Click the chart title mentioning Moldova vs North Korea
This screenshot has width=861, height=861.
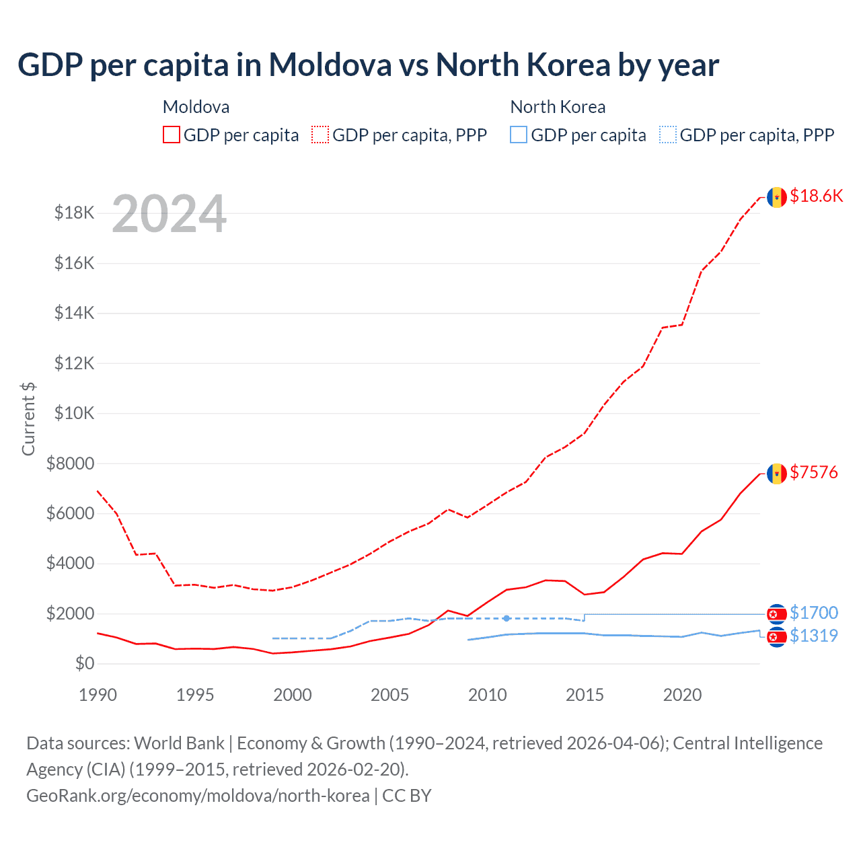pos(368,65)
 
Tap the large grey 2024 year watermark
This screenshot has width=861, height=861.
pos(169,214)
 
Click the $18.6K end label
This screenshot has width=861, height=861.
pos(816,196)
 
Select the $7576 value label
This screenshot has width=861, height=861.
pos(814,472)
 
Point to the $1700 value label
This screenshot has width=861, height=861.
pos(814,613)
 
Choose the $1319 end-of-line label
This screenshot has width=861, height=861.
pos(814,636)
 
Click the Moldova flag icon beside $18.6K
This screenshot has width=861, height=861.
pos(777,197)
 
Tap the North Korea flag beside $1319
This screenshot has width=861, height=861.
pos(777,636)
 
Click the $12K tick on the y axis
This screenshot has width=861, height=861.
pos(74,363)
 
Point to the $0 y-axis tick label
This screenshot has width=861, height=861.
pos(84,663)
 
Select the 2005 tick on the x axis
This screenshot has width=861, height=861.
pos(389,695)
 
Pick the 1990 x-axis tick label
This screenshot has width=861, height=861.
pos(98,695)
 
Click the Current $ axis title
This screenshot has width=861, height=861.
pos(28,418)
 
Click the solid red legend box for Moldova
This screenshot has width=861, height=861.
pos(172,135)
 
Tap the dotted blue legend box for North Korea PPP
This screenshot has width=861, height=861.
pos(668,135)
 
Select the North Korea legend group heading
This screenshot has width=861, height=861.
pos(558,107)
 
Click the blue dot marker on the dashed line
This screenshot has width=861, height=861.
pos(507,618)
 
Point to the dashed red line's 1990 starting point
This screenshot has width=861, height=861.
pos(98,491)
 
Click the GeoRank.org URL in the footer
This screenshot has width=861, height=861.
pos(198,796)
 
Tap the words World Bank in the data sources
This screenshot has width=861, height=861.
pos(179,743)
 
